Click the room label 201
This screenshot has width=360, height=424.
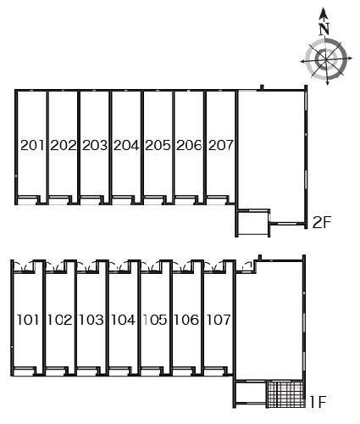(x=32, y=145)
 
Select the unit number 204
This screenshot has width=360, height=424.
(x=127, y=145)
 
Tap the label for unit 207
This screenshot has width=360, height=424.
(x=221, y=145)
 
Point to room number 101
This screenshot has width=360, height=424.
(x=28, y=320)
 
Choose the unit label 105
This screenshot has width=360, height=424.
(x=155, y=320)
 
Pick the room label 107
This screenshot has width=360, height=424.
(x=219, y=320)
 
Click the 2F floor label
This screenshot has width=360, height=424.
(x=322, y=222)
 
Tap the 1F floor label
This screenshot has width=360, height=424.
(x=318, y=402)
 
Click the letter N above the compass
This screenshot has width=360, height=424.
(x=324, y=29)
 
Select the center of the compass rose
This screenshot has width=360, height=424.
(x=326, y=59)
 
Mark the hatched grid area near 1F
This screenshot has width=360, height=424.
(x=286, y=394)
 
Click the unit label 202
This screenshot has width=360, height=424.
(x=64, y=145)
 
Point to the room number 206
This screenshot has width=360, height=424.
(x=190, y=145)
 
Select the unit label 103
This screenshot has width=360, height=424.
(x=91, y=320)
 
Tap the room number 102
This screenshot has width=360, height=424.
(x=59, y=320)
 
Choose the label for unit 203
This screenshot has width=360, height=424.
(x=95, y=145)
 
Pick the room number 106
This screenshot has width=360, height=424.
(x=186, y=320)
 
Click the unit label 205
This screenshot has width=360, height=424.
(x=158, y=145)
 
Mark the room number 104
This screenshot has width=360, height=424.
(x=123, y=320)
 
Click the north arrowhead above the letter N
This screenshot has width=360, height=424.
(x=324, y=14)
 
